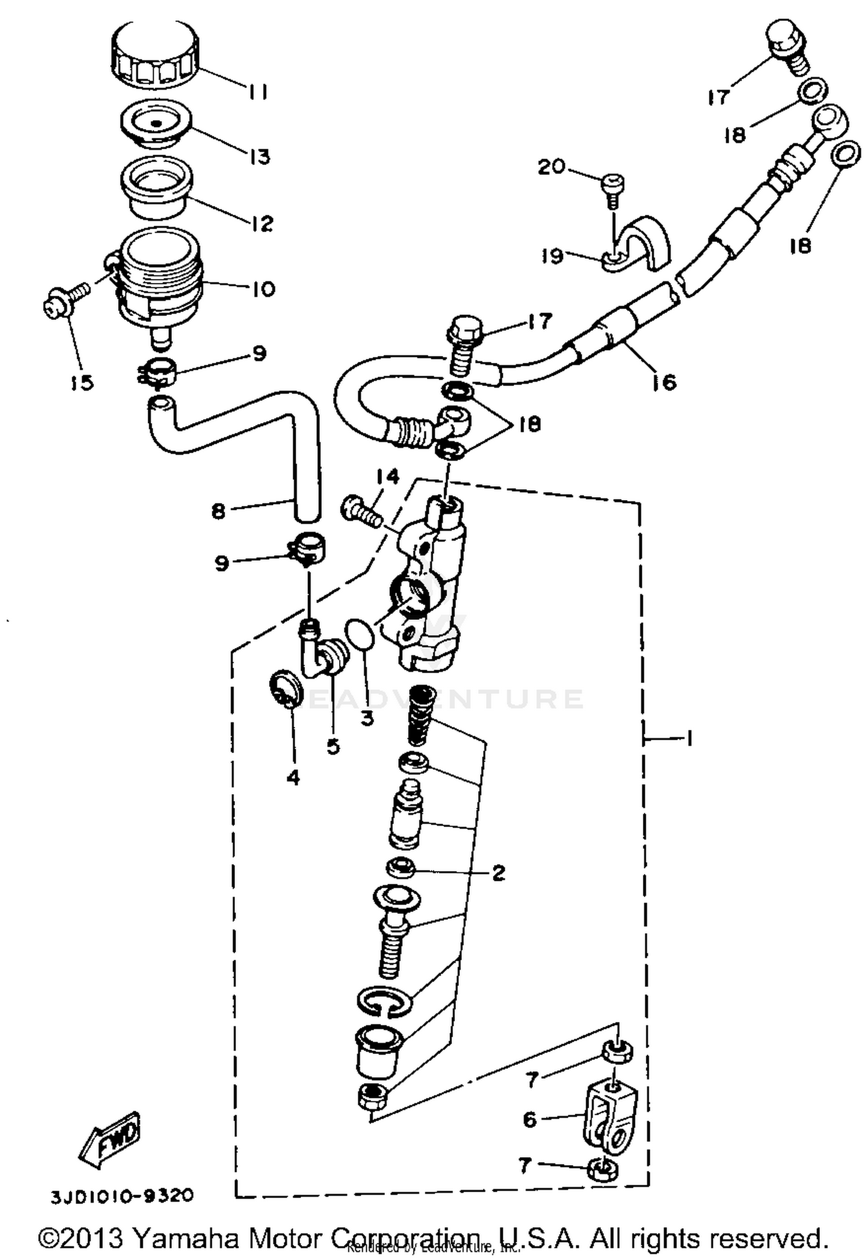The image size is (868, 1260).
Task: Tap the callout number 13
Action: coord(260,156)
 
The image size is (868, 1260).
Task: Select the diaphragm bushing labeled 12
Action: coord(155,189)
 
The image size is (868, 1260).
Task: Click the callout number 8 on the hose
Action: coord(218,512)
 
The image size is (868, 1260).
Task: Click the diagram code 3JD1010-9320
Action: coord(122,1195)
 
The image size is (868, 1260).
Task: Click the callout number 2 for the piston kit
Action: coord(498,873)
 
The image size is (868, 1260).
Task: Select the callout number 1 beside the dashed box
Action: coord(689,738)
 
